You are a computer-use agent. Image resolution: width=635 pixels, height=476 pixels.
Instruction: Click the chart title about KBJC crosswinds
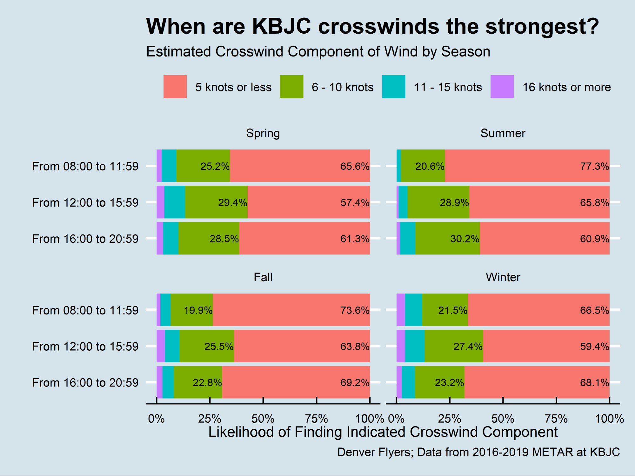tap(372, 26)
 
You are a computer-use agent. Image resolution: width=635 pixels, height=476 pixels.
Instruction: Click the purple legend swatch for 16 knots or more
tap(502, 87)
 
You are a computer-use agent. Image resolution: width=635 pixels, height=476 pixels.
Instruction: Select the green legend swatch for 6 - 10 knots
tap(291, 87)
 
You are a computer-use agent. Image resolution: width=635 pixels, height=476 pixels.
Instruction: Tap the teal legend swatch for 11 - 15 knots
tap(394, 87)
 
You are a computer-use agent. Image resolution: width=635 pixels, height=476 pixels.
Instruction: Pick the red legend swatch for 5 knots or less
tap(175, 87)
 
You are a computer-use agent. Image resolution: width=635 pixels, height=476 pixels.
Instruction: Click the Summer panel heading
tap(503, 133)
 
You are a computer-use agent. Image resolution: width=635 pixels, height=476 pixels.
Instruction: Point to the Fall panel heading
tap(263, 277)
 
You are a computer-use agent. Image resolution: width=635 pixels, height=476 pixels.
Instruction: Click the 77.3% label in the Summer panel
tap(595, 166)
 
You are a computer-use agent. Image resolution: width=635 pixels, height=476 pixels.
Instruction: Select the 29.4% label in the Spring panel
tap(233, 202)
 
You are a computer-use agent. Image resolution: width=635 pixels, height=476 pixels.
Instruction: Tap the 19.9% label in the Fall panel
tap(198, 310)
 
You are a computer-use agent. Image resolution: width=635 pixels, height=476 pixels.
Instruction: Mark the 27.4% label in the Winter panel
tap(468, 346)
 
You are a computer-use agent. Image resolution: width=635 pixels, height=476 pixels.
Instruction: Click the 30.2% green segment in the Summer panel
tap(447, 238)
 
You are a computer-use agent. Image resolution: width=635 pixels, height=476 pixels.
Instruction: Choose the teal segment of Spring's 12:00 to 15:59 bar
tap(175, 202)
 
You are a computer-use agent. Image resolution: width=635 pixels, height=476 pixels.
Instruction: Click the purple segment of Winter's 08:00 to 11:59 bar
tap(401, 310)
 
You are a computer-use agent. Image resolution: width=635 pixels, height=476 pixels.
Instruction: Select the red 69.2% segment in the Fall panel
tap(296, 382)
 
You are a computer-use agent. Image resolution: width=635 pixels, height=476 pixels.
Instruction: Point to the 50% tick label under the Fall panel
tap(263, 419)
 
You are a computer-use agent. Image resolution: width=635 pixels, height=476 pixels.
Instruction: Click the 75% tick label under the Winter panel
tap(556, 419)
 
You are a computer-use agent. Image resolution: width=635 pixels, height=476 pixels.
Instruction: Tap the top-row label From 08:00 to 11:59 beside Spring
tap(85, 166)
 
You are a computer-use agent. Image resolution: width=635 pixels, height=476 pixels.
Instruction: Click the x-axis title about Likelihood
tap(383, 432)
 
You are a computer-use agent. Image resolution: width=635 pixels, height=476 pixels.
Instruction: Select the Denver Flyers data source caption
tap(478, 452)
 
